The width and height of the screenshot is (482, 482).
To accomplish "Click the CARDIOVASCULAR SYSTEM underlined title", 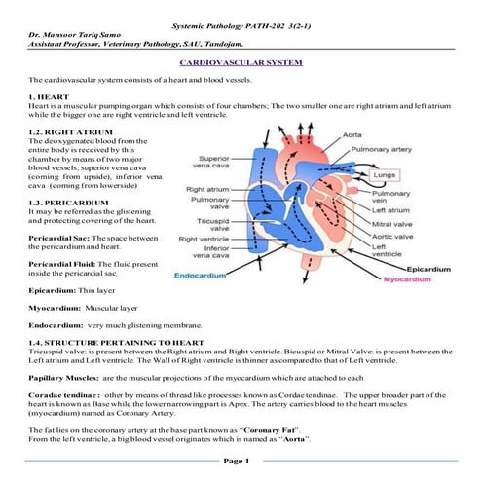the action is (241, 60).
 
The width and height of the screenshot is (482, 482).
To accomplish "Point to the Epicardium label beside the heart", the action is (428, 268).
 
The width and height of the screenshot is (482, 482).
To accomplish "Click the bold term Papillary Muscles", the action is (62, 377).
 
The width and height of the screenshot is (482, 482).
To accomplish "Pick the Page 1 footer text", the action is (238, 460).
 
